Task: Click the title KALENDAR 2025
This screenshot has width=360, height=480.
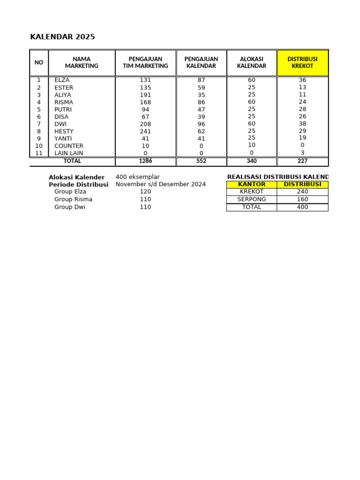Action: (x=62, y=37)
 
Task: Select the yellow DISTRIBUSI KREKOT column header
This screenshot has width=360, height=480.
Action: (x=302, y=62)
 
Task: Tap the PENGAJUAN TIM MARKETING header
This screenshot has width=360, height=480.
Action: (x=145, y=62)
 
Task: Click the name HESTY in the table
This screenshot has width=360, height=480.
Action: (x=64, y=131)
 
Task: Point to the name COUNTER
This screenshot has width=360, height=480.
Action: (x=69, y=146)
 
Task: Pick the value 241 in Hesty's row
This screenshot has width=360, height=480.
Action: (x=145, y=131)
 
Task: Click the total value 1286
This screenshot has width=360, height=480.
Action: (x=145, y=161)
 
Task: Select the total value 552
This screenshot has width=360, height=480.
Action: (x=201, y=161)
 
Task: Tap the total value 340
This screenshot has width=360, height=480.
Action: (x=252, y=161)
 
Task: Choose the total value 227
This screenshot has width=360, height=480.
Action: (x=302, y=161)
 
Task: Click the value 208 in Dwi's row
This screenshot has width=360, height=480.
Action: (x=145, y=124)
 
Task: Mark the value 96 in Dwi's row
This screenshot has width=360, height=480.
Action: (x=201, y=124)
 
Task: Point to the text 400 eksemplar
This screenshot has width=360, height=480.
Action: (x=137, y=177)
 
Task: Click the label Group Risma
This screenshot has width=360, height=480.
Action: (x=73, y=199)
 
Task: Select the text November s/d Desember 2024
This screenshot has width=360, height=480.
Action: (x=160, y=184)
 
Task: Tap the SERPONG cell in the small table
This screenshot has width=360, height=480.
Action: (x=252, y=199)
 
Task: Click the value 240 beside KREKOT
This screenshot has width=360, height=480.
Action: (x=302, y=192)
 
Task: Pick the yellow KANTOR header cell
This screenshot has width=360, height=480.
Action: (x=252, y=184)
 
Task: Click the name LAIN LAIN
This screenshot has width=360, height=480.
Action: (x=69, y=153)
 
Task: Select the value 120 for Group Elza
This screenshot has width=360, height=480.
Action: (x=145, y=192)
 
